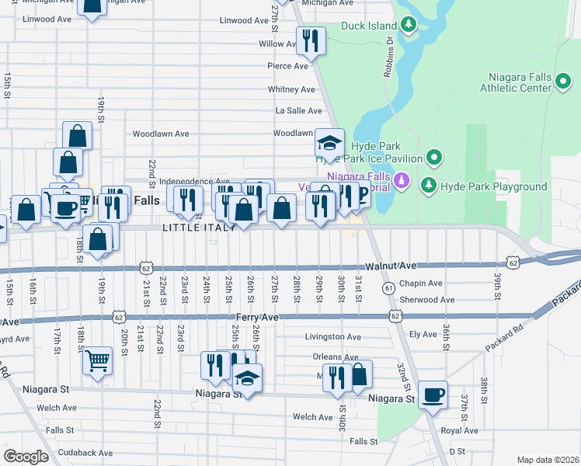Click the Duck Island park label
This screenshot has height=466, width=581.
[x=369, y=26]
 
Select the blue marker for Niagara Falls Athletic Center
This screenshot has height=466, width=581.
[x=564, y=82]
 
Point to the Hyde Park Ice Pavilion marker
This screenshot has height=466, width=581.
[x=434, y=158]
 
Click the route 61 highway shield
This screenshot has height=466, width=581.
[x=388, y=289]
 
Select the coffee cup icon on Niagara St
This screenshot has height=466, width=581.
[x=433, y=395]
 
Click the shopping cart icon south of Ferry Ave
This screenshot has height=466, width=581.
[x=97, y=360]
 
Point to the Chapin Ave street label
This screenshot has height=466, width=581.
[x=420, y=283]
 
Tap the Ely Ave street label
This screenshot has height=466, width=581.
[x=423, y=334]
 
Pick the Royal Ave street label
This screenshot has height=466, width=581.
[x=459, y=430]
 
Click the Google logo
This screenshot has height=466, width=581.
[x=26, y=456]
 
